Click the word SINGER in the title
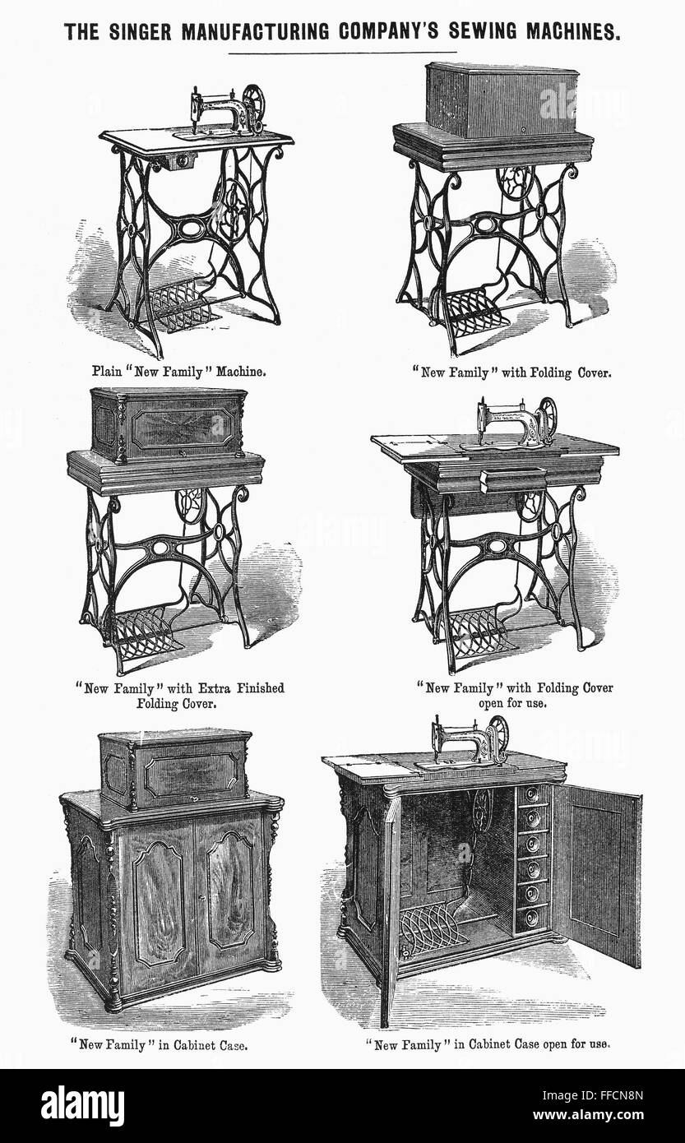click(145, 32)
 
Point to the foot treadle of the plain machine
click(183, 305)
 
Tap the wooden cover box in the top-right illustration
click(501, 101)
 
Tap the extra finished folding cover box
click(168, 425)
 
